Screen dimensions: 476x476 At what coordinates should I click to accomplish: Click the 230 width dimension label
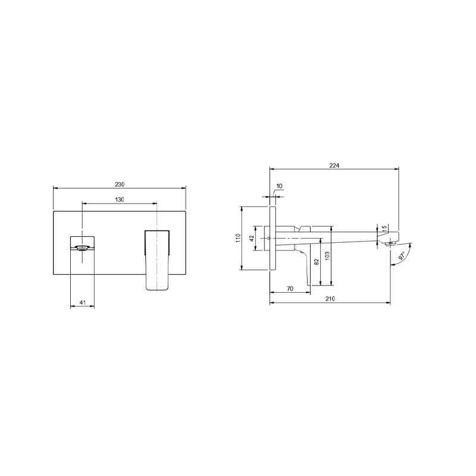pyautogui.click(x=120, y=184)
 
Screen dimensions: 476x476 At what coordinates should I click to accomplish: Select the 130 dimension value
pyautogui.click(x=120, y=199)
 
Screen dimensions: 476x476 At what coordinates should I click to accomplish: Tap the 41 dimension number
pyautogui.click(x=83, y=302)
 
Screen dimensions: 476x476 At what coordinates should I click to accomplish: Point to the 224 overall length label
pyautogui.click(x=334, y=165)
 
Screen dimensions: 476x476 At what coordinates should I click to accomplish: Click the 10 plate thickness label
pyautogui.click(x=279, y=186)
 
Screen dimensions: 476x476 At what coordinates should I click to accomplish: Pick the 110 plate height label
pyautogui.click(x=238, y=237)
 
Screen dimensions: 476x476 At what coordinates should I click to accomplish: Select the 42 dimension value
pyautogui.click(x=252, y=239)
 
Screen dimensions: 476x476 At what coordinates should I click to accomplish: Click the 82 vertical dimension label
pyautogui.click(x=317, y=262)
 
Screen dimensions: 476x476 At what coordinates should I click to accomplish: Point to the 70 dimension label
pyautogui.click(x=290, y=289)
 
